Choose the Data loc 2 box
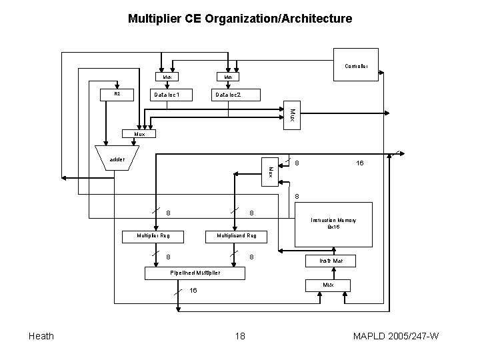(x=227, y=95)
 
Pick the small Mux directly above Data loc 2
(x=228, y=77)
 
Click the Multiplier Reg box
(x=153, y=236)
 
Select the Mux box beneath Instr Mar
(x=328, y=285)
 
